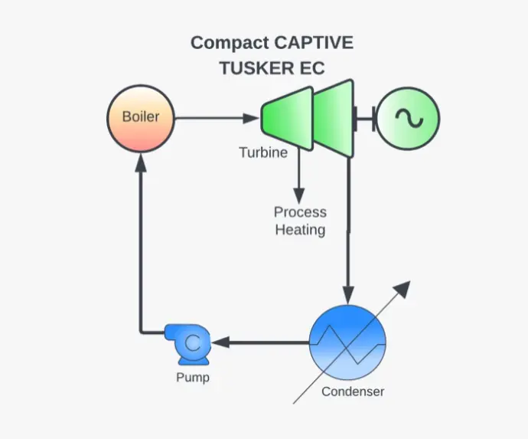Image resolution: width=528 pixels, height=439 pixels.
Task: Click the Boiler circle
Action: (140, 119)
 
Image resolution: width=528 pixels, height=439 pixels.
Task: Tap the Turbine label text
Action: (263, 152)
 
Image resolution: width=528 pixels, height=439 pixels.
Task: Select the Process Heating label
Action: (300, 221)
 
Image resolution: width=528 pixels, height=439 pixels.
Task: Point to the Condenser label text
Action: (353, 392)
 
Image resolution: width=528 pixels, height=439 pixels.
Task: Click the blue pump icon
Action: (191, 343)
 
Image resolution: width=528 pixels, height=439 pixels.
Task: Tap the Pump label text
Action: (192, 378)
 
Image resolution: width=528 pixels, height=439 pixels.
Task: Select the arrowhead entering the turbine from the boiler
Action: (253, 119)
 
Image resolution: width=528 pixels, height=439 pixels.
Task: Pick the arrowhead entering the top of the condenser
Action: (348, 295)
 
